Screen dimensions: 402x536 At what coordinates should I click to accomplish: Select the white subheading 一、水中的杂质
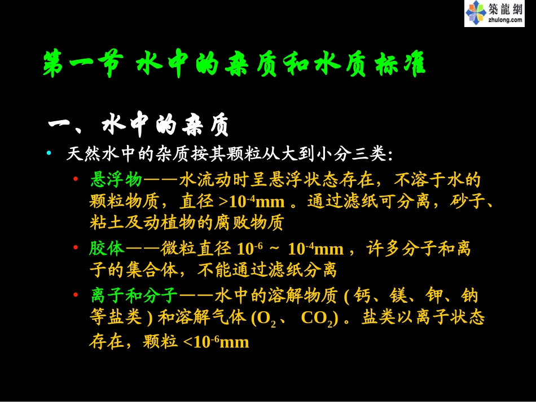[x=139, y=126]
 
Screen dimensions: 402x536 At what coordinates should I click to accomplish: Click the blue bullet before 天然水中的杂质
[x=49, y=153]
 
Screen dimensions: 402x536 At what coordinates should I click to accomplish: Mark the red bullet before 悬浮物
[x=76, y=180]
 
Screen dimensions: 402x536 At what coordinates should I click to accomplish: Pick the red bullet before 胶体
[x=76, y=248]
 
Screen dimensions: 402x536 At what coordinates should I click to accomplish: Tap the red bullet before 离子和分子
[x=76, y=295]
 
